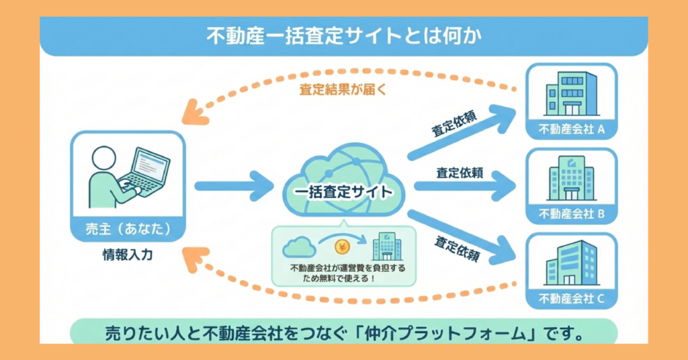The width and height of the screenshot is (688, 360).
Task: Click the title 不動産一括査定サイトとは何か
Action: pos(343,36)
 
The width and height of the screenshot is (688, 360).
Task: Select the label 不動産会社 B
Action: pos(572,214)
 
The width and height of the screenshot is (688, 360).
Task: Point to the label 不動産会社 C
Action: pos(572,298)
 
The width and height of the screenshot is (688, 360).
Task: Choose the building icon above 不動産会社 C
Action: pos(571,263)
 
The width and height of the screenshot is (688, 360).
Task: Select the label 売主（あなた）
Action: pos(127,228)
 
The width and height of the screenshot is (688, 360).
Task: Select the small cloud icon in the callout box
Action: pos(300,248)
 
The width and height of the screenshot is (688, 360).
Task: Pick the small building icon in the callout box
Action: pos(387,246)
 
